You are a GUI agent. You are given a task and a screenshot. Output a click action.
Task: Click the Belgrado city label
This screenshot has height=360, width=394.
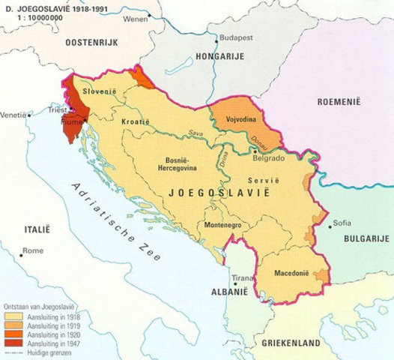[x=267, y=158]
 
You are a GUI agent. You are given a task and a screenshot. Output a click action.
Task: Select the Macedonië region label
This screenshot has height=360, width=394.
[x=292, y=273]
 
